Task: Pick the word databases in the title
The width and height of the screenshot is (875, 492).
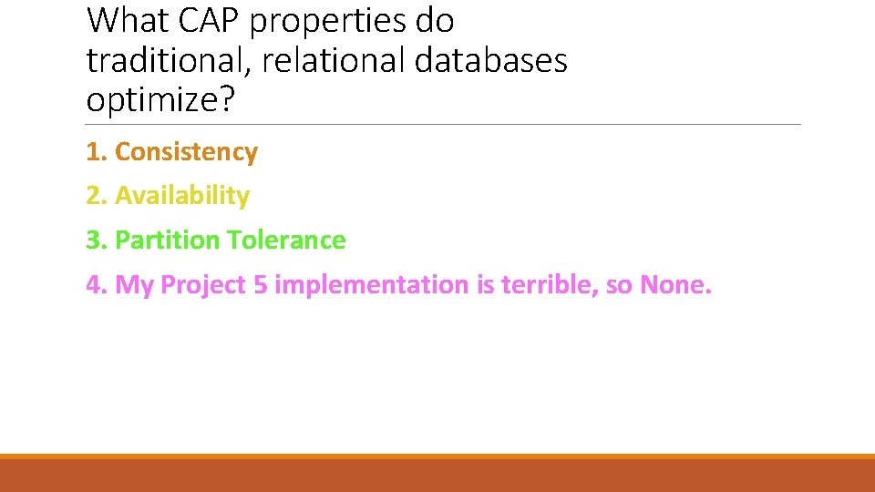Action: [491, 61]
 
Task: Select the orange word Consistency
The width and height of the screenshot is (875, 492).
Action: [187, 152]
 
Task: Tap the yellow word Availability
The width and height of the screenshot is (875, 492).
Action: [182, 196]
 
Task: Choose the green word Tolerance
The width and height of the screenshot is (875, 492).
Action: [286, 241]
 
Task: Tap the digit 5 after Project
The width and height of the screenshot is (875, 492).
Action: [260, 285]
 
